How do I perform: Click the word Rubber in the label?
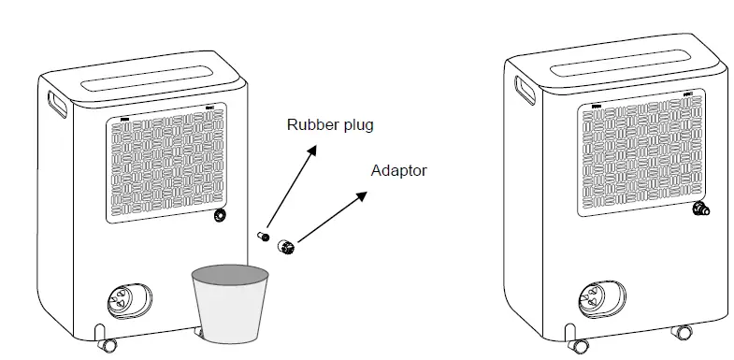pos(309,124)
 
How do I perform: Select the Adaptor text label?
pos(399,171)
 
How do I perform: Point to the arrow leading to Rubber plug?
pos(291,188)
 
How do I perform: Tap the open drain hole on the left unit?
pos(221,216)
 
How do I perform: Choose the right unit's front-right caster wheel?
pos(684,334)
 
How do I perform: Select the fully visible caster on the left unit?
pos(108,344)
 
